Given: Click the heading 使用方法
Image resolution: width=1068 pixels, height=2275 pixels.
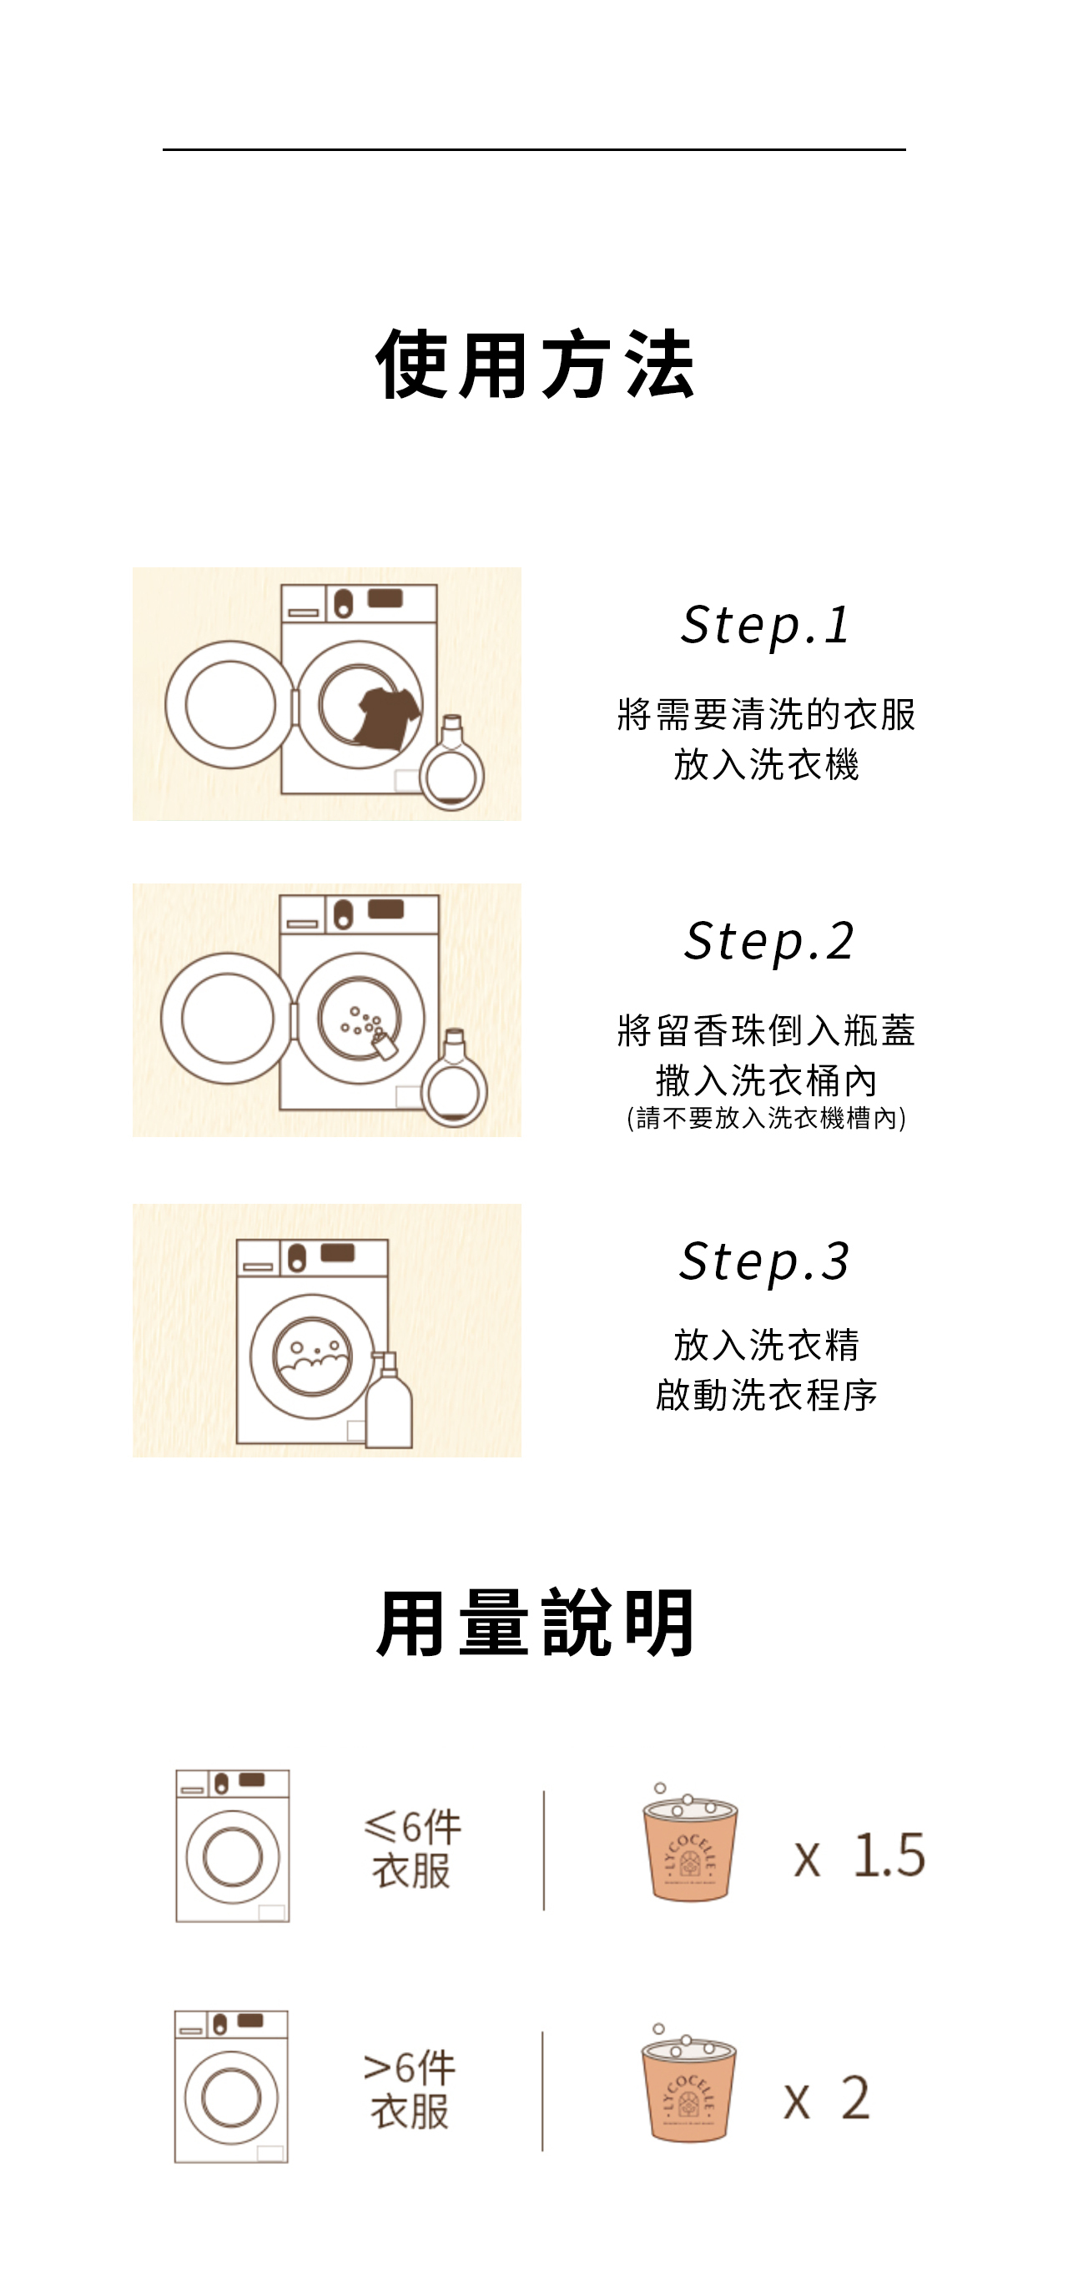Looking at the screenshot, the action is tap(536, 364).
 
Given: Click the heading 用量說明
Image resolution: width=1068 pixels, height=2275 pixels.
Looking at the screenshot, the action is tap(536, 1623).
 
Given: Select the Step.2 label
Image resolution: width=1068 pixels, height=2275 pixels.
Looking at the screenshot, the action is tap(768, 941).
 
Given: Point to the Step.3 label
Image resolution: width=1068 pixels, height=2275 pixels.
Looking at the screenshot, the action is tap(764, 1261).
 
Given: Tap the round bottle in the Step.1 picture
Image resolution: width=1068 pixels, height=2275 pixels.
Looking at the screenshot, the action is tap(451, 765).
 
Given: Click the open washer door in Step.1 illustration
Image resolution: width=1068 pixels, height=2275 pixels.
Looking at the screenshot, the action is tap(230, 705).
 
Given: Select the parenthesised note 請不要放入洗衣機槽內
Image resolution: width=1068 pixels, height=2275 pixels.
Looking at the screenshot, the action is tap(766, 1118).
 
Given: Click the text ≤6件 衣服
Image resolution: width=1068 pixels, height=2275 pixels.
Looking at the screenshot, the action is tap(412, 1850).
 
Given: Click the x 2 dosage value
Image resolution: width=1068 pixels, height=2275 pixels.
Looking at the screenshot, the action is tap(827, 2097).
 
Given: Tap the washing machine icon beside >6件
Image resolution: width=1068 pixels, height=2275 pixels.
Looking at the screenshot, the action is tap(231, 2086).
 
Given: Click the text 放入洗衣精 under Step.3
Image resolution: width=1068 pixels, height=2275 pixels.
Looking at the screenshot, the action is tap(766, 1345).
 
